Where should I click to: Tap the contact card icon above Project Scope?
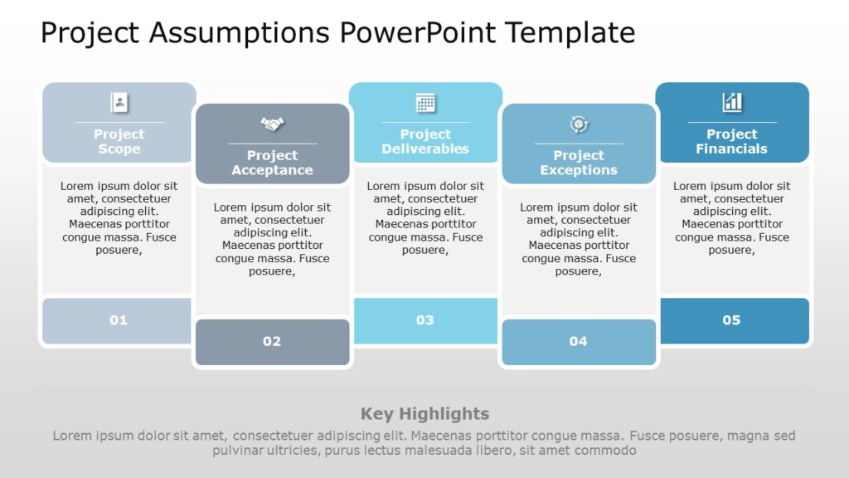[119, 103]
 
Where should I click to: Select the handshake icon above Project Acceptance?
[272, 124]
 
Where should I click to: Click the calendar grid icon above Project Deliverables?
[425, 103]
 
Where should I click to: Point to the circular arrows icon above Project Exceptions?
[579, 124]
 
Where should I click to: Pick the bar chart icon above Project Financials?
[732, 103]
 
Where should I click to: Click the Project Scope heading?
[119, 141]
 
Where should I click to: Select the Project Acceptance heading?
[272, 163]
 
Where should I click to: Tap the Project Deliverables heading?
[425, 141]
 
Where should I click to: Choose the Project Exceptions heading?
[579, 163]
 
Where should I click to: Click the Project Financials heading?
[732, 141]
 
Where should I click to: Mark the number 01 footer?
[119, 320]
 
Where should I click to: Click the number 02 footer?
[272, 341]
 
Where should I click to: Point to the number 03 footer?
[425, 320]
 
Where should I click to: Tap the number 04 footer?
[579, 341]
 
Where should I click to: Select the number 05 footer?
[731, 320]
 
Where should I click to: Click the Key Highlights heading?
[424, 413]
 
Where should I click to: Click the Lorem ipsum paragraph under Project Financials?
[732, 217]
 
